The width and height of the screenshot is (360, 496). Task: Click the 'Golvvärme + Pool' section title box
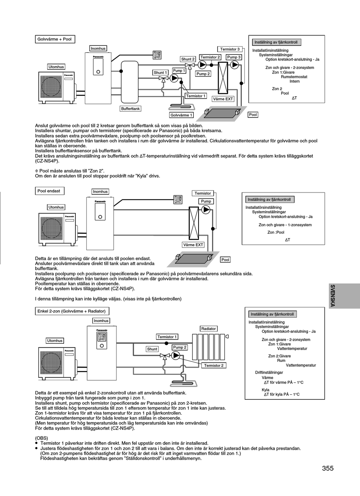coord(55,39)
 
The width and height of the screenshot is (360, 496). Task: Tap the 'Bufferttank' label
coord(130,108)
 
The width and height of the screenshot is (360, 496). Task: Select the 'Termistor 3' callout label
coord(230,49)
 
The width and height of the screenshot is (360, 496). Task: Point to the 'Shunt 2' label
coord(188,59)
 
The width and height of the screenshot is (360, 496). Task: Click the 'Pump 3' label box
coord(234,57)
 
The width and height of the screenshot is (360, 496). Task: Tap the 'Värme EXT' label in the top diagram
coord(223,99)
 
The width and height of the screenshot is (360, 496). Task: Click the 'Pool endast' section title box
coord(50,191)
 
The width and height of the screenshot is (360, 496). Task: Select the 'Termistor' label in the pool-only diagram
coord(203,193)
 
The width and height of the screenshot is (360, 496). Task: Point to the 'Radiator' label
coord(208,329)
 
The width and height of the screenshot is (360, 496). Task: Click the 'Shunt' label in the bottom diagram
coord(152,349)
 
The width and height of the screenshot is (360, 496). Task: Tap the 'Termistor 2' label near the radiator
coord(214,365)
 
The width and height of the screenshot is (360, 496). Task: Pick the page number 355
coord(328,468)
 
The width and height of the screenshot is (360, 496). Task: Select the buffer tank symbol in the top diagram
coord(130,82)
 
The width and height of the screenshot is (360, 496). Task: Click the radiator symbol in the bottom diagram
coord(209,347)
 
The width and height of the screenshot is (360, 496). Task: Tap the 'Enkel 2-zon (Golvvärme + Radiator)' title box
coord(72,311)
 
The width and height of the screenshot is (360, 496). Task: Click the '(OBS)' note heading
coord(41,438)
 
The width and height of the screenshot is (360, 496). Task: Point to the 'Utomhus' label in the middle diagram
coord(56,207)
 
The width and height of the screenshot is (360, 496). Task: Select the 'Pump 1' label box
coord(179,70)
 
